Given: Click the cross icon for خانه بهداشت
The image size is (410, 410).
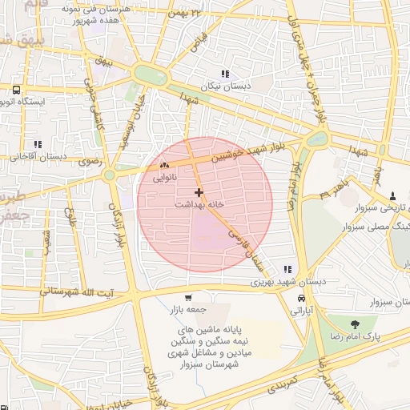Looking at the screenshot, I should pyautogui.click(x=199, y=192).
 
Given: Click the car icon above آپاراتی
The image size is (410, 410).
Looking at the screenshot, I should pyautogui.click(x=300, y=298).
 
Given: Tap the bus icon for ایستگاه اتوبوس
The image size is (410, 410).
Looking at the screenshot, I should pyautogui.click(x=16, y=89).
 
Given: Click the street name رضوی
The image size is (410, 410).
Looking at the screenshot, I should pyautogui.click(x=89, y=161).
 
